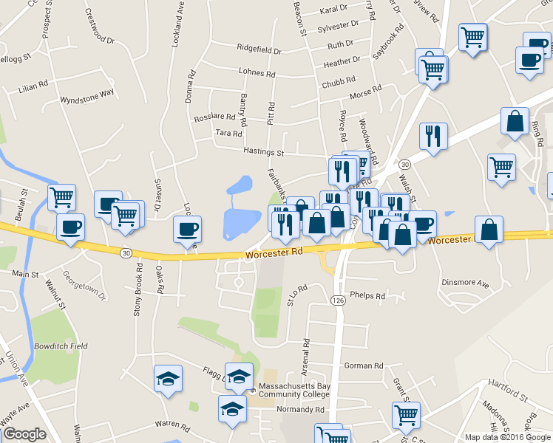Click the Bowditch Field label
(61, 346)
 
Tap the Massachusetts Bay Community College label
(294, 391)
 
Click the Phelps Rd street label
(368, 296)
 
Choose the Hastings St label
(264, 152)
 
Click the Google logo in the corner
(24, 434)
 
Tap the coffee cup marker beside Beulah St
(70, 228)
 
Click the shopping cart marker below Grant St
(406, 416)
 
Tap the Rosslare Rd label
(214, 117)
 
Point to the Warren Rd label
(173, 425)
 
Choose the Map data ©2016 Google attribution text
(508, 437)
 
